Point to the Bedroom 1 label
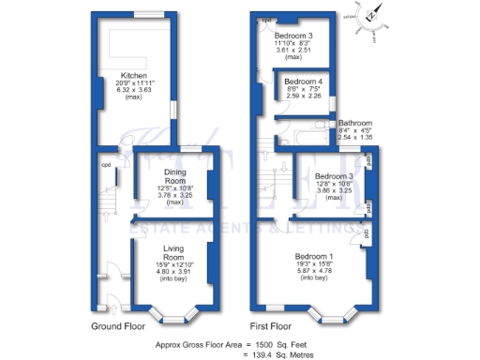[315, 257]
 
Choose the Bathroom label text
[361, 123]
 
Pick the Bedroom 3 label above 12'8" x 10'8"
[332, 176]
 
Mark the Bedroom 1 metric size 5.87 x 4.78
[315, 272]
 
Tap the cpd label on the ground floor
[106, 169]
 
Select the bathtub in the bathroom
[306, 142]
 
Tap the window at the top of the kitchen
[145, 14]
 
